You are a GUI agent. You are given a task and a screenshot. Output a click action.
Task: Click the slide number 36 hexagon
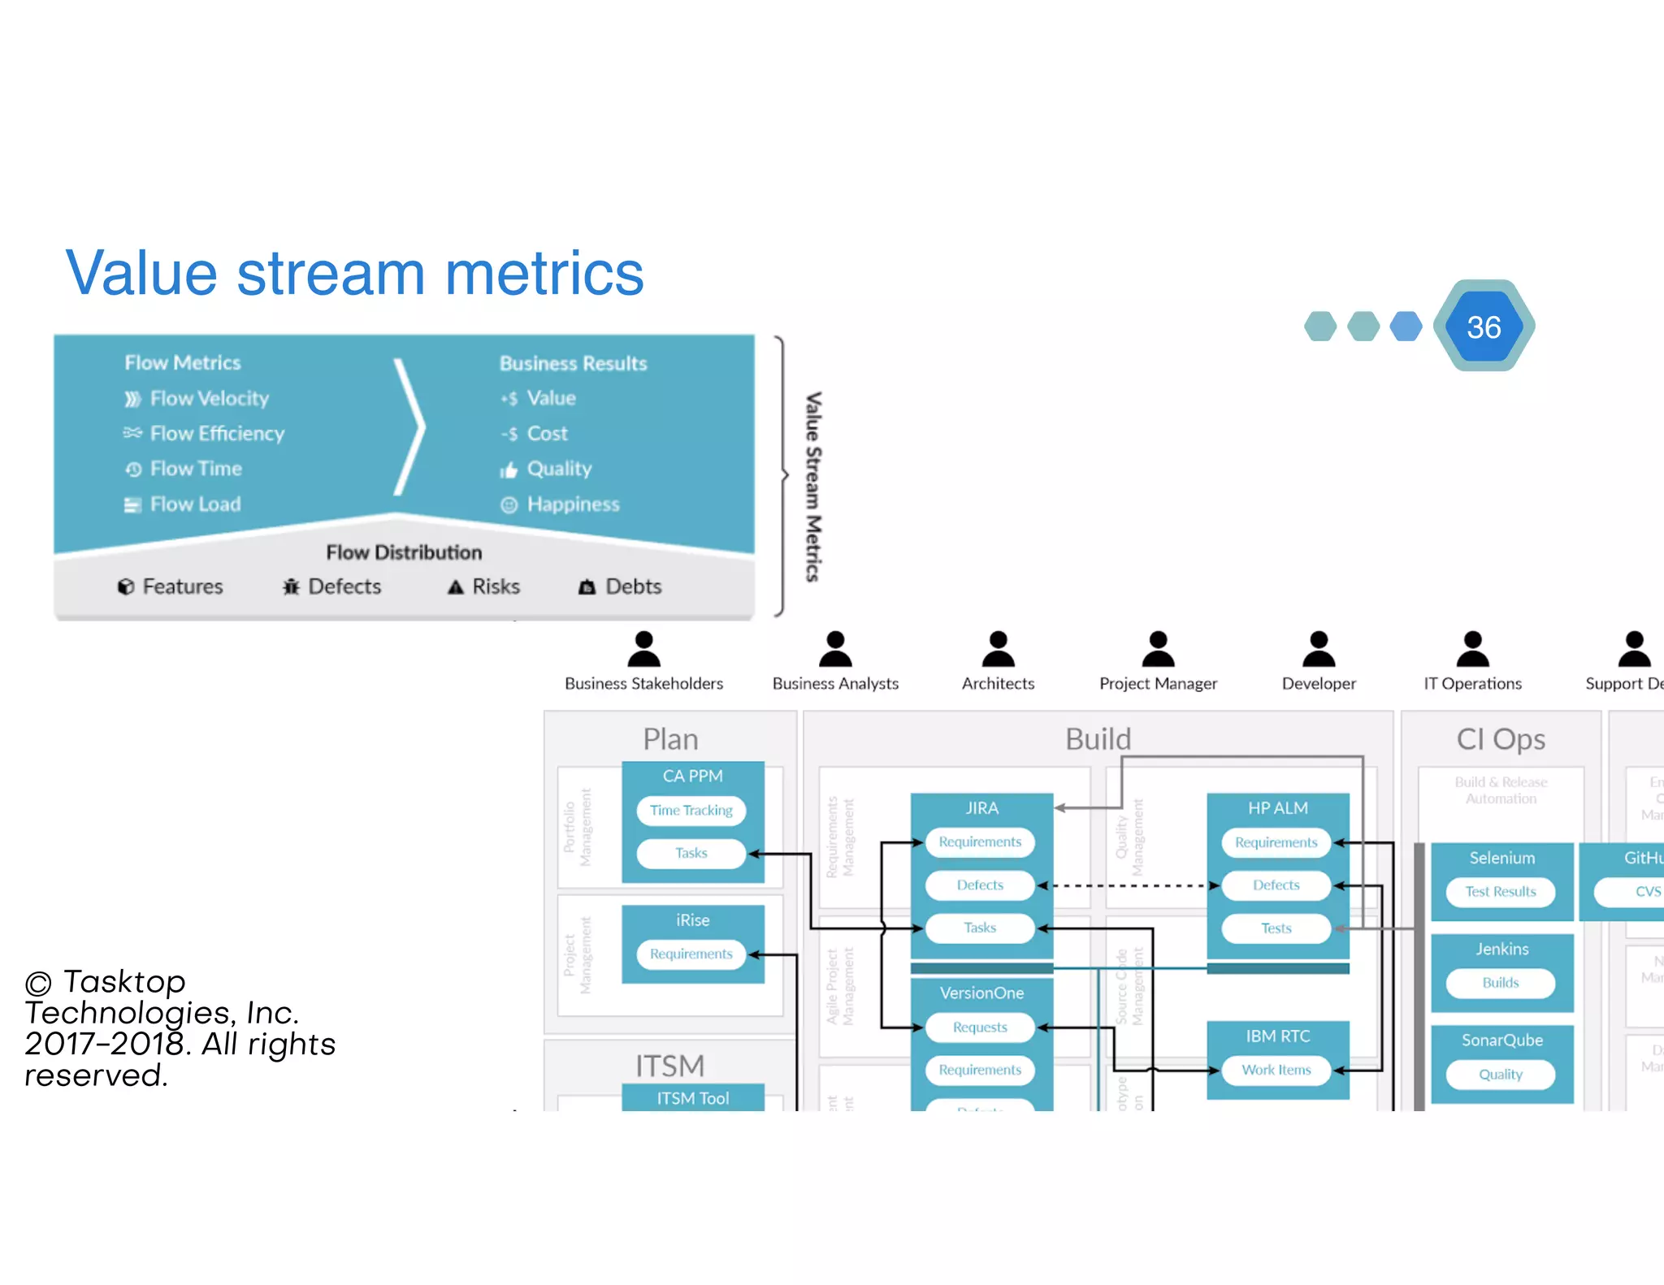(x=1484, y=327)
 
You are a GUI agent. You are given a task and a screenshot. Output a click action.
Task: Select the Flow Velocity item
(x=209, y=398)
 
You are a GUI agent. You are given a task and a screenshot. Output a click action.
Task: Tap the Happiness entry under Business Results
(x=572, y=504)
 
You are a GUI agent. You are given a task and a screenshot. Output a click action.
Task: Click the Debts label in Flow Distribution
(x=633, y=586)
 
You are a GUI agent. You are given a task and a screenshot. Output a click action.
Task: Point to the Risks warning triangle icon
(x=456, y=587)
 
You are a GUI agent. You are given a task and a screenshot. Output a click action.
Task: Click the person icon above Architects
(x=998, y=649)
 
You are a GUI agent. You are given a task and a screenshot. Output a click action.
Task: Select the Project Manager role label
(x=1158, y=684)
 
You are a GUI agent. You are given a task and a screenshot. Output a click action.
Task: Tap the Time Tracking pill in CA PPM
(x=691, y=810)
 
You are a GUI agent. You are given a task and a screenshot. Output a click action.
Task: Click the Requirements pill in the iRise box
(x=691, y=954)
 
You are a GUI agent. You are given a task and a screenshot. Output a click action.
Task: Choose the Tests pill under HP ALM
(x=1276, y=928)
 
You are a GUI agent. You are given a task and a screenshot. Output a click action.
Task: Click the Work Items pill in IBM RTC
(x=1276, y=1070)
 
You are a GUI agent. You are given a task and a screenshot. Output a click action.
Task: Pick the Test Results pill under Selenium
(x=1500, y=891)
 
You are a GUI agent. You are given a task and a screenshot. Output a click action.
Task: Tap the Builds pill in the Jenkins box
(x=1500, y=983)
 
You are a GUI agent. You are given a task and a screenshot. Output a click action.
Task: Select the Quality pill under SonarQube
(x=1500, y=1074)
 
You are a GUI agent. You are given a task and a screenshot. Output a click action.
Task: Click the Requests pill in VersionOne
(x=980, y=1028)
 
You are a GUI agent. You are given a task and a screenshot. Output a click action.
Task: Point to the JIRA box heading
(x=981, y=808)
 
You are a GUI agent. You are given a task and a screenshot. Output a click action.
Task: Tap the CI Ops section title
(x=1500, y=739)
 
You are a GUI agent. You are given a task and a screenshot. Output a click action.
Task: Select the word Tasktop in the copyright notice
(x=124, y=981)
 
